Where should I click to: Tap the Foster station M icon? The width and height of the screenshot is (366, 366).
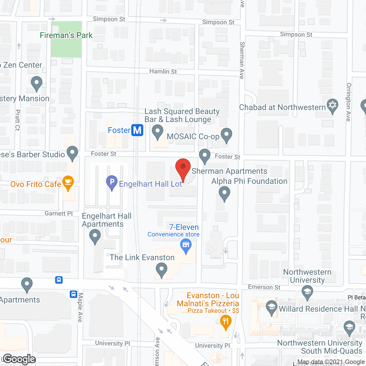tap(137, 130)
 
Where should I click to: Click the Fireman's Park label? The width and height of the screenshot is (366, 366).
tap(66, 35)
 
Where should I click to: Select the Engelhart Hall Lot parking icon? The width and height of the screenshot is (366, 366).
tap(112, 182)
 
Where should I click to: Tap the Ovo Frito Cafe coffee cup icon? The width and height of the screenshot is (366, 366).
tap(68, 182)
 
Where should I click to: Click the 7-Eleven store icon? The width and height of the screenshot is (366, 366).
tap(186, 245)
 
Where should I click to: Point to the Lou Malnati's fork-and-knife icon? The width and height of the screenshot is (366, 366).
tap(226, 321)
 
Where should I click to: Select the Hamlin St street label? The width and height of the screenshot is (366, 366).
tap(163, 71)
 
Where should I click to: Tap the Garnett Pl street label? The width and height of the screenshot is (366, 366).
tap(59, 213)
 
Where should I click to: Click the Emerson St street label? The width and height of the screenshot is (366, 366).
tap(264, 287)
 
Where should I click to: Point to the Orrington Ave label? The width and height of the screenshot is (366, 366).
tap(348, 102)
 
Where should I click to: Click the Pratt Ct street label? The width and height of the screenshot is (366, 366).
tap(17, 120)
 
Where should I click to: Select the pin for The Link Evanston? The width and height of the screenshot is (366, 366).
tap(162, 269)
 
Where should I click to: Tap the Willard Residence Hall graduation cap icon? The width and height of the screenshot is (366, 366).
tap(271, 307)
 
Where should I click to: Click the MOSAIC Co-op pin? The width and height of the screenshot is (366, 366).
tap(226, 134)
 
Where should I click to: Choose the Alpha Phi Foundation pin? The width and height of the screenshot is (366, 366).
tap(224, 193)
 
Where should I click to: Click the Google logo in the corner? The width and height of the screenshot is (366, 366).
tap(19, 359)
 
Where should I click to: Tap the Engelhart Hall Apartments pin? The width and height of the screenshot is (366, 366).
tap(95, 236)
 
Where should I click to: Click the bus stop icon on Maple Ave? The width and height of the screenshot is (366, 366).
tap(73, 294)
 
